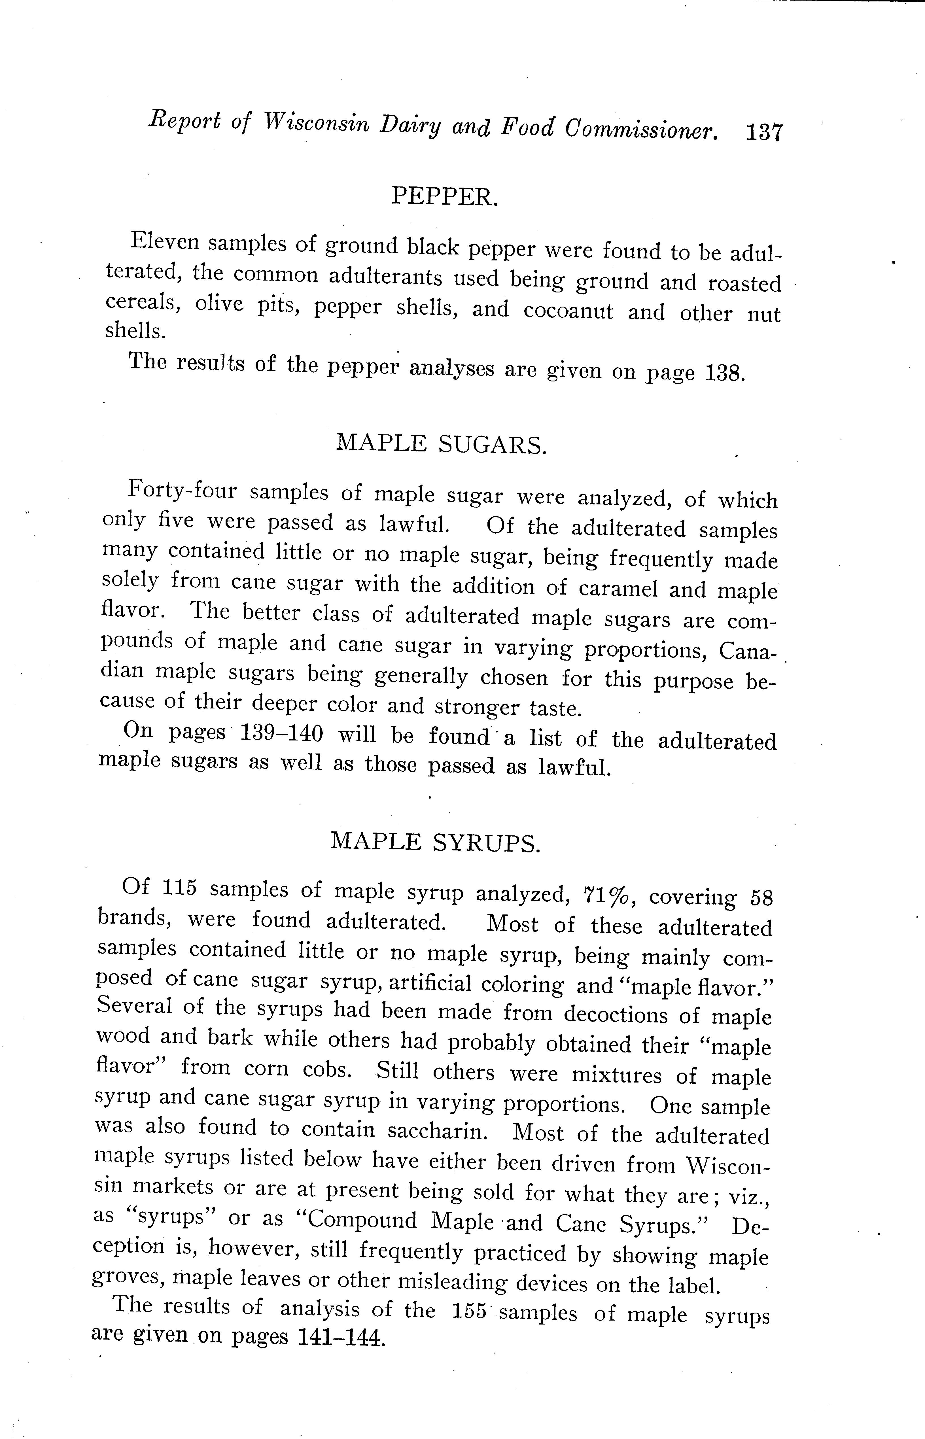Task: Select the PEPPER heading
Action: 444,196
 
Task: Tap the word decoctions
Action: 615,1014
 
